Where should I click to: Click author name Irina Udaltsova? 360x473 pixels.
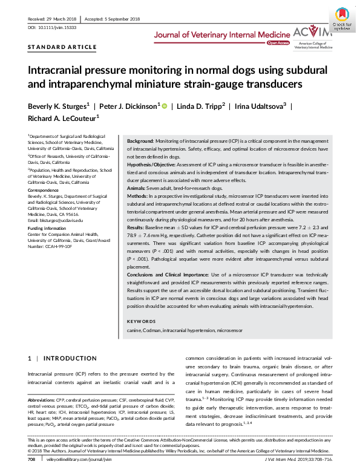click(257, 107)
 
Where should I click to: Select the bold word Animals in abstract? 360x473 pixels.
click(138, 188)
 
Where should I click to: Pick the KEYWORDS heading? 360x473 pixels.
click(144, 321)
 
